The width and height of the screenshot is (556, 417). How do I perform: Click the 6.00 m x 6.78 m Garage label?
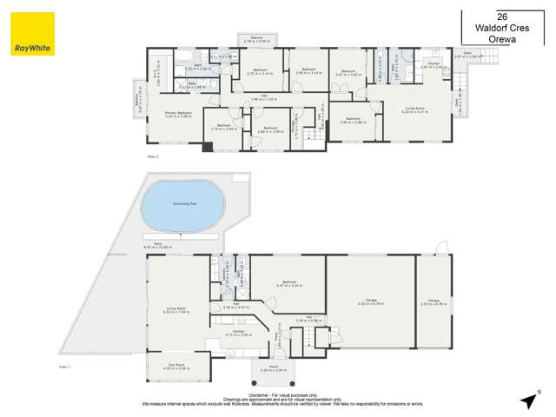point(371,301)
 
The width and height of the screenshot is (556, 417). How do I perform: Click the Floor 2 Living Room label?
point(414,110)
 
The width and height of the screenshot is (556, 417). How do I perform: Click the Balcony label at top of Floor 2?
point(256,39)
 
